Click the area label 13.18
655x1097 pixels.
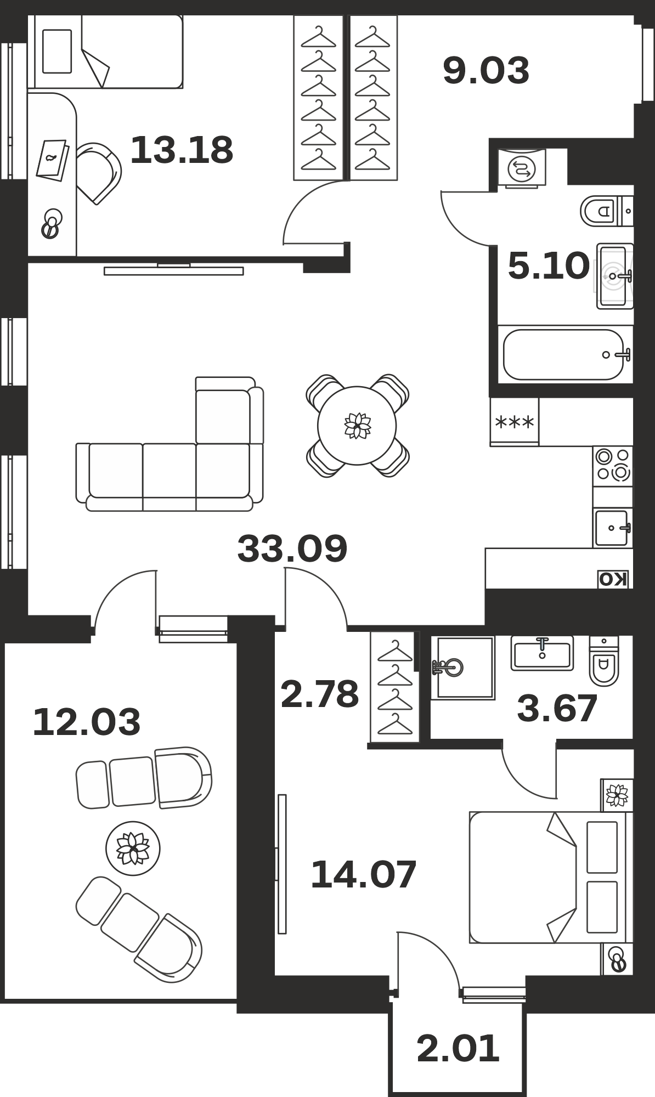tap(182, 150)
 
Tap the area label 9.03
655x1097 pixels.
tap(486, 71)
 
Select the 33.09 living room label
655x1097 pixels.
tap(292, 548)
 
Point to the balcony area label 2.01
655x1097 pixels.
tap(458, 1048)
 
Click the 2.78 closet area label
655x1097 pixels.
tap(319, 694)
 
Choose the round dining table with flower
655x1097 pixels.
tap(357, 426)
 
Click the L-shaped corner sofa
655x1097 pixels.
tap(170, 444)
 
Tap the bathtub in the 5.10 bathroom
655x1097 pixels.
tap(566, 354)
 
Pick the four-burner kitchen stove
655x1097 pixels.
tap(613, 465)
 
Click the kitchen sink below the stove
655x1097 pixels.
tap(613, 528)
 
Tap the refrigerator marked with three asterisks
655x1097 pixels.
tap(515, 422)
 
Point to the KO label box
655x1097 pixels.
tap(613, 579)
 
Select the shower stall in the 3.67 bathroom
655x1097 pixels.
tap(462, 668)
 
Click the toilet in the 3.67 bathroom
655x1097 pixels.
tap(604, 661)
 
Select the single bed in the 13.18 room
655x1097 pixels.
tap(105, 52)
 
